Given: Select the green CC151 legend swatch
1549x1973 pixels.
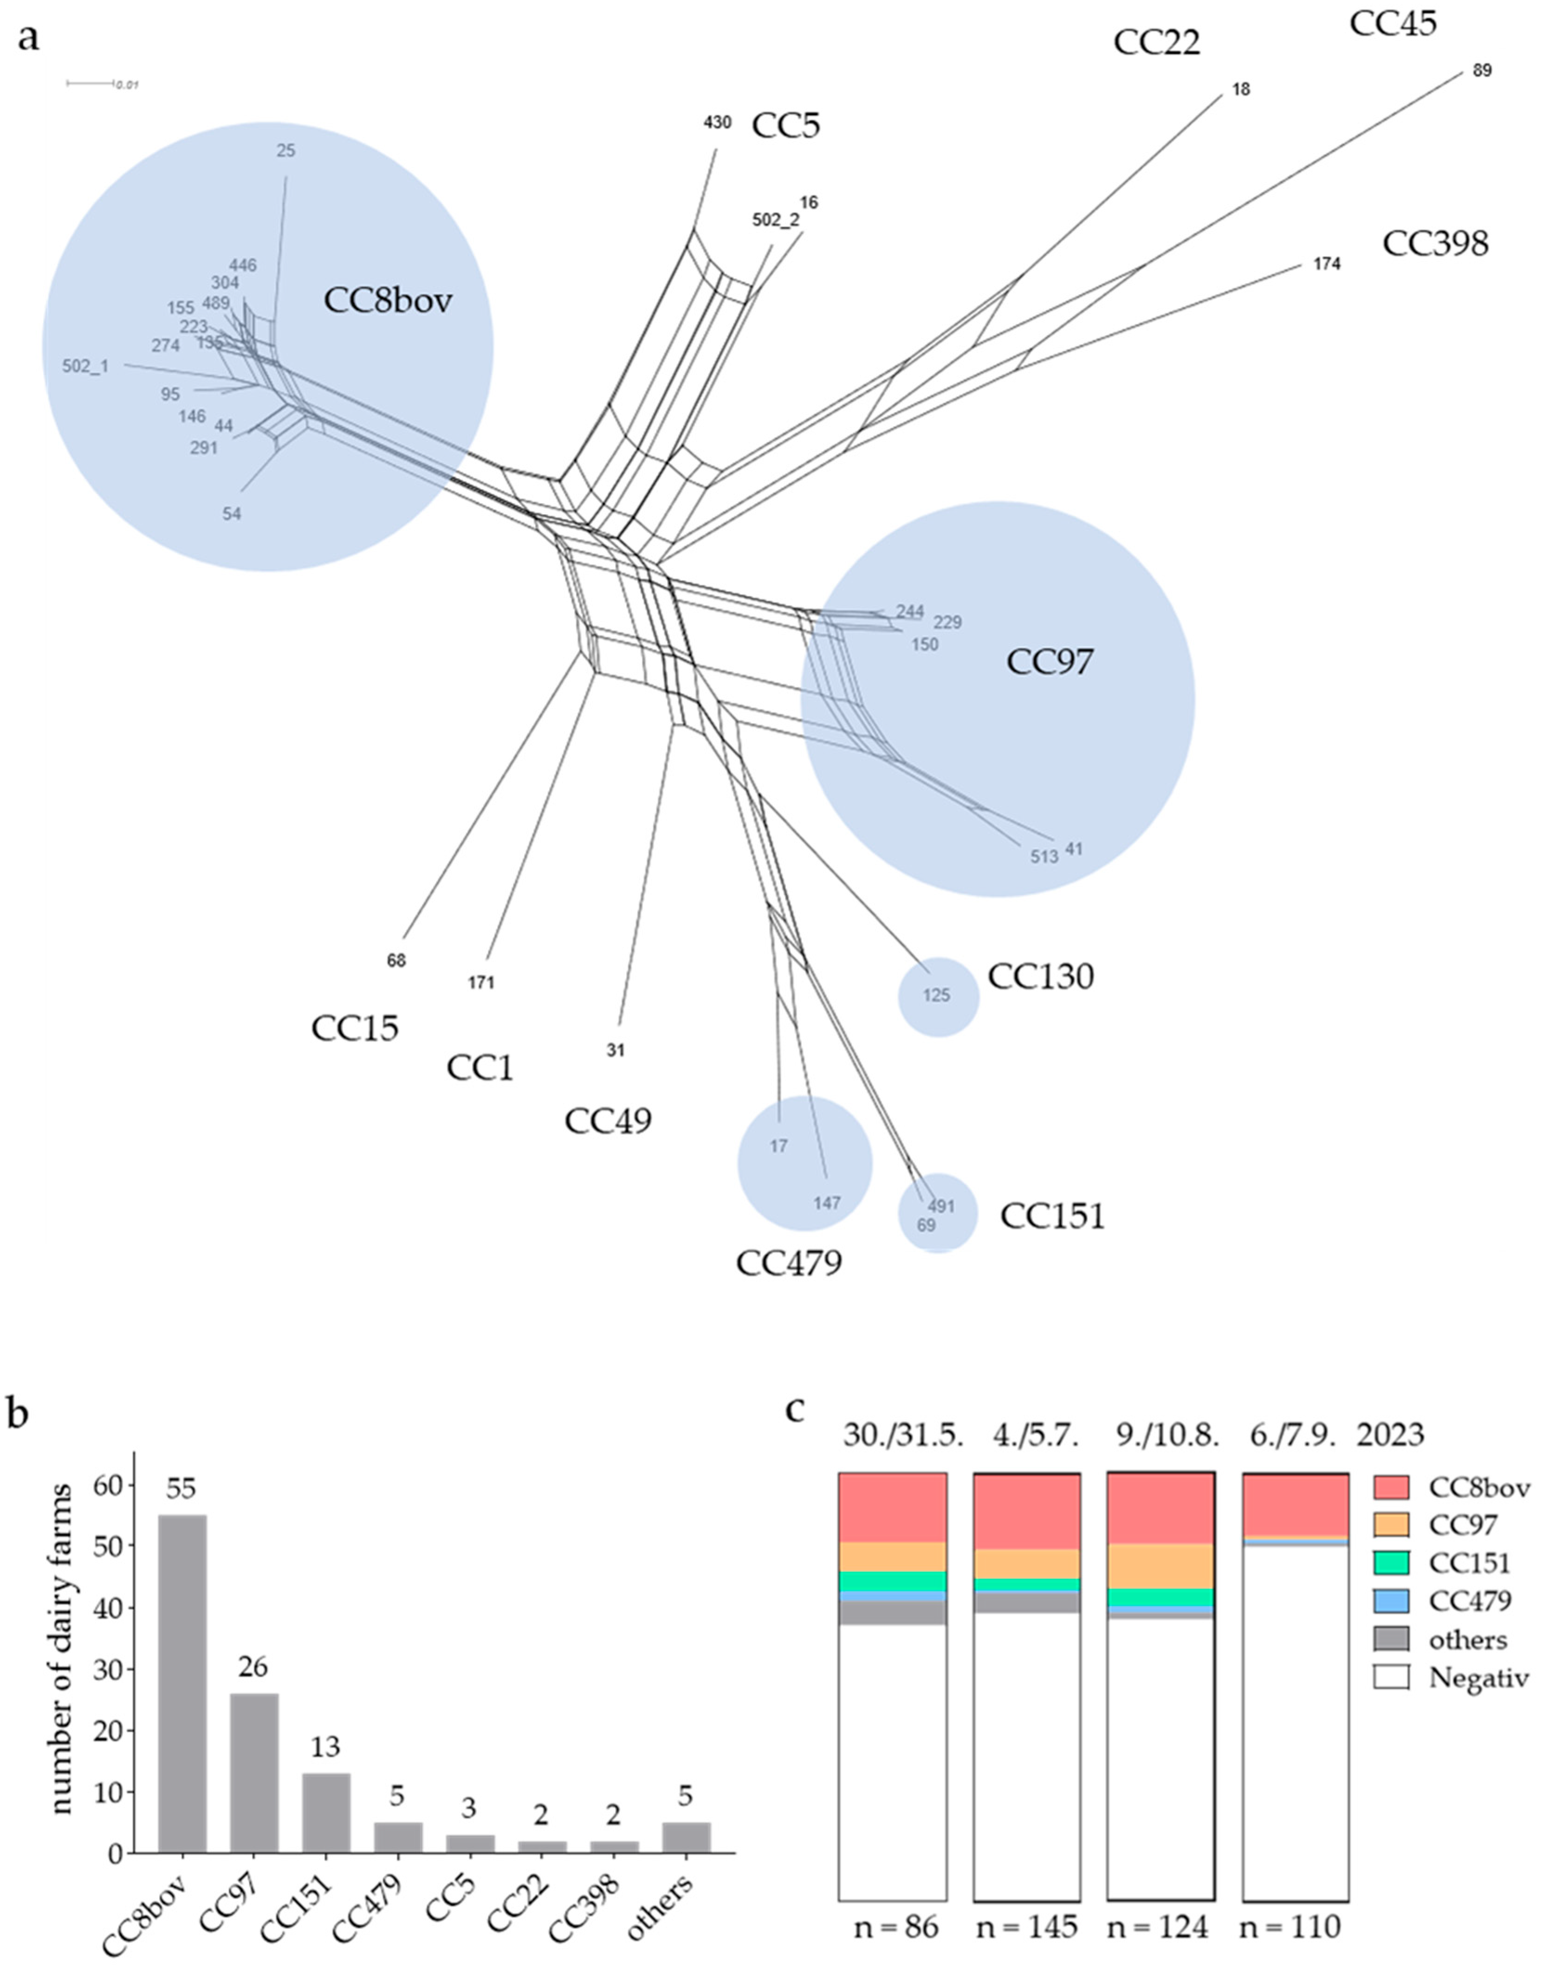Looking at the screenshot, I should click(1391, 1562).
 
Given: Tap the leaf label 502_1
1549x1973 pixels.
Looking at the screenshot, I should click(85, 366).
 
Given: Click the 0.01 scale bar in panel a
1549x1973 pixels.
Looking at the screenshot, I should click(91, 84).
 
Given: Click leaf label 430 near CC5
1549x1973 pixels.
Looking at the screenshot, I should click(716, 122).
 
